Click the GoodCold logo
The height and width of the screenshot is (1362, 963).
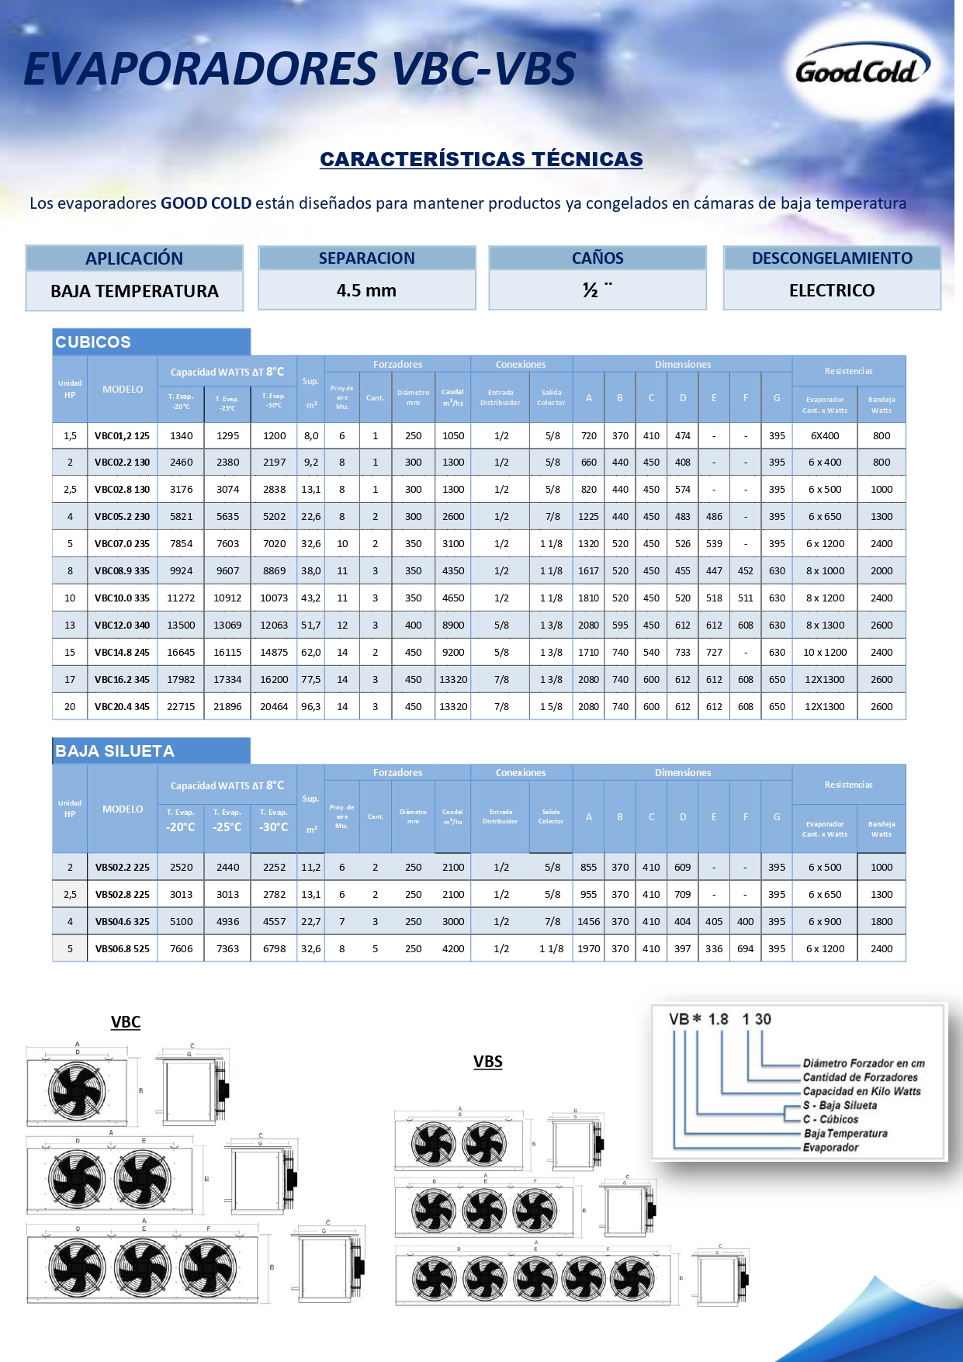[861, 71]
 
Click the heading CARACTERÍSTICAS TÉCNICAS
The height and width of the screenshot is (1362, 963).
[481, 159]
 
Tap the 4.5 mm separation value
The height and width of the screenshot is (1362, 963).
[366, 290]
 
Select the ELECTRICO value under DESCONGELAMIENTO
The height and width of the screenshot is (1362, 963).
[832, 290]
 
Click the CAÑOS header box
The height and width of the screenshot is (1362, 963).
[598, 258]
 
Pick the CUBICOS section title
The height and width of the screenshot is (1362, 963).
[93, 342]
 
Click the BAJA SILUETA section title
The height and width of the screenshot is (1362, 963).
[115, 751]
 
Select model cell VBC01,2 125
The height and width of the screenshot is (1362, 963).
[122, 436]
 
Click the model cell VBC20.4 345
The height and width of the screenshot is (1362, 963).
[122, 707]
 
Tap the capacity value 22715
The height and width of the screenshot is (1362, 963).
[181, 707]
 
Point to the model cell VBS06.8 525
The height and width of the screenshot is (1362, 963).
[122, 948]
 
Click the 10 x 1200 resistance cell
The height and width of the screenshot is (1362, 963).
[825, 653]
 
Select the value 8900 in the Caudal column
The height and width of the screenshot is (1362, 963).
[453, 626]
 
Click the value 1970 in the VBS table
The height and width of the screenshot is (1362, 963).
[589, 948]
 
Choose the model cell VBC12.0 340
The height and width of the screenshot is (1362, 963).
[122, 626]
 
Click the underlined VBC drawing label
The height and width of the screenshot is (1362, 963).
[126, 1022]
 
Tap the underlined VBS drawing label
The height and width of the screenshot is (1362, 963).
[488, 1062]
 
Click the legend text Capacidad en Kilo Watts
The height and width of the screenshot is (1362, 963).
[861, 1091]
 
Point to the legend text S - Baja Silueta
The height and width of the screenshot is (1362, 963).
[840, 1105]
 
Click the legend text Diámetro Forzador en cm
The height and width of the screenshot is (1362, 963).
[864, 1063]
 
